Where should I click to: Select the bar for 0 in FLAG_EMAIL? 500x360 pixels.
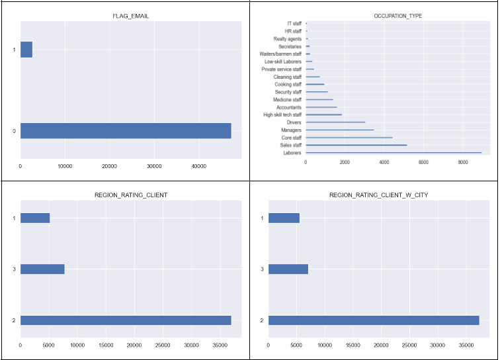pyautogui.click(x=126, y=130)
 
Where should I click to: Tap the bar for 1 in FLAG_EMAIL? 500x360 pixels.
pyautogui.click(x=26, y=50)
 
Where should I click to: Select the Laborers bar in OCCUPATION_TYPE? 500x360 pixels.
pyautogui.click(x=394, y=153)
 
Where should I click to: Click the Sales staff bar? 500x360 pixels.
pyautogui.click(x=356, y=145)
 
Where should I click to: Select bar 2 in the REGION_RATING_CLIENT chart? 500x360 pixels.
pyautogui.click(x=126, y=320)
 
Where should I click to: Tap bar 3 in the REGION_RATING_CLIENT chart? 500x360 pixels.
pyautogui.click(x=42, y=269)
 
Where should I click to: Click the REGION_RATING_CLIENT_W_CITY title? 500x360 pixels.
pyautogui.click(x=374, y=195)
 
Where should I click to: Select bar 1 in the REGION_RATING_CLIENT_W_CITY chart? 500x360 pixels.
pyautogui.click(x=284, y=218)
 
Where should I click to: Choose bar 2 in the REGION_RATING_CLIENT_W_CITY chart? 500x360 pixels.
pyautogui.click(x=374, y=320)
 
